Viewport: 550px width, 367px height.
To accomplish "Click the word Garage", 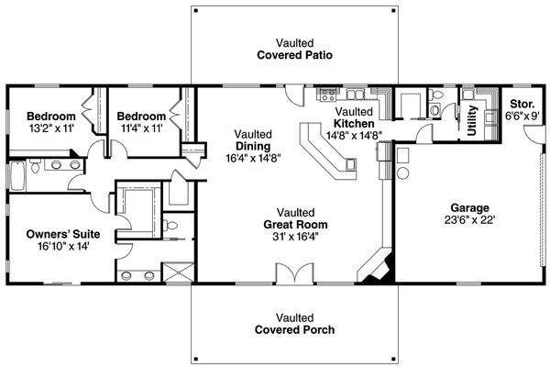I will pos(469,207).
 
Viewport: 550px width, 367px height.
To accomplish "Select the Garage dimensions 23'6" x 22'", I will pos(469,220).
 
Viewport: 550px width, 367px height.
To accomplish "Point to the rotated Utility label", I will pos(472,119).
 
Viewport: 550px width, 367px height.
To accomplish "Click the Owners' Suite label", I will pos(63,234).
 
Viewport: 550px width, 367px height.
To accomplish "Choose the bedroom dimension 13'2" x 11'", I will pos(49,129).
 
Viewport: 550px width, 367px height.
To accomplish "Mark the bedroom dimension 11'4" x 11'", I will pos(140,129).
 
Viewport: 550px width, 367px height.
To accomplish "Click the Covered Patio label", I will pos(293,55).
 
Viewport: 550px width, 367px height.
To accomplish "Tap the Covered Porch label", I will pos(293,329).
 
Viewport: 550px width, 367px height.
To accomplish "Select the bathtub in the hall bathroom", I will pos(17,175).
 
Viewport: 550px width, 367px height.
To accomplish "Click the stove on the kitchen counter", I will pos(327,95).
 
